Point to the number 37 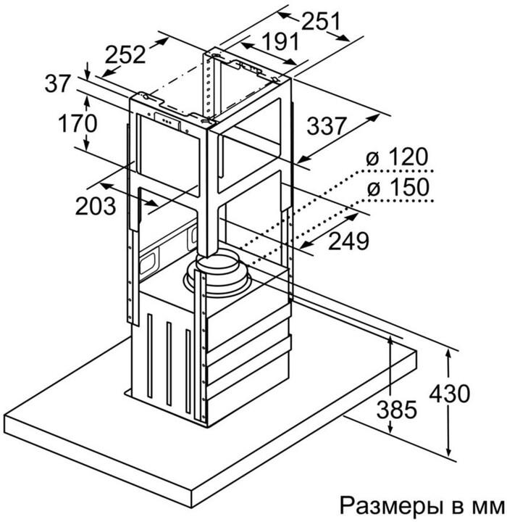pos(59,84)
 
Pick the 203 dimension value pos(96,205)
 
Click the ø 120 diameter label pos(398,157)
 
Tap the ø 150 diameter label pos(398,188)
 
